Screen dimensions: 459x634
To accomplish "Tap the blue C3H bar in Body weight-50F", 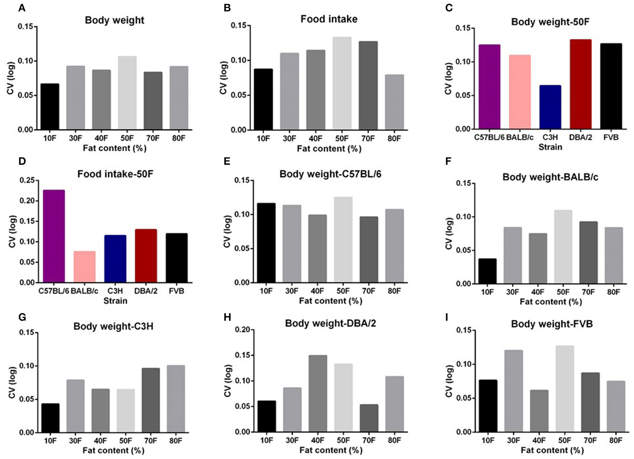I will click(550, 107).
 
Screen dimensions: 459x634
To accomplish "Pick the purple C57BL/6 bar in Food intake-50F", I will click(54, 236).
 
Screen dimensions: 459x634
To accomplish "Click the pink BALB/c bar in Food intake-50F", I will click(84, 267).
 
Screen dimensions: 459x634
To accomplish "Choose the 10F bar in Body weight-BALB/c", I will click(487, 271).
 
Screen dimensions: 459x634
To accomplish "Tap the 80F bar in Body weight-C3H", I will click(176, 399).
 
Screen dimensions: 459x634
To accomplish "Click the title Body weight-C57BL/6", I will click(330, 174).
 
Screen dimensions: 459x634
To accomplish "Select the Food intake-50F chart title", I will click(115, 174).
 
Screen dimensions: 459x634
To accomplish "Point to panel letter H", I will click(227, 317).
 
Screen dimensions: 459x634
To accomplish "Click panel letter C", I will click(449, 8).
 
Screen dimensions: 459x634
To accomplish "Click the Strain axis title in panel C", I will click(550, 147).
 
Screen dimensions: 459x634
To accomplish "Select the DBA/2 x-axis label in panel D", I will click(146, 291).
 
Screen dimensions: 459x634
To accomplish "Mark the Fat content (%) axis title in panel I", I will click(552, 450).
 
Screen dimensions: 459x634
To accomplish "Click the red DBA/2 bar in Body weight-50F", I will click(580, 84).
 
